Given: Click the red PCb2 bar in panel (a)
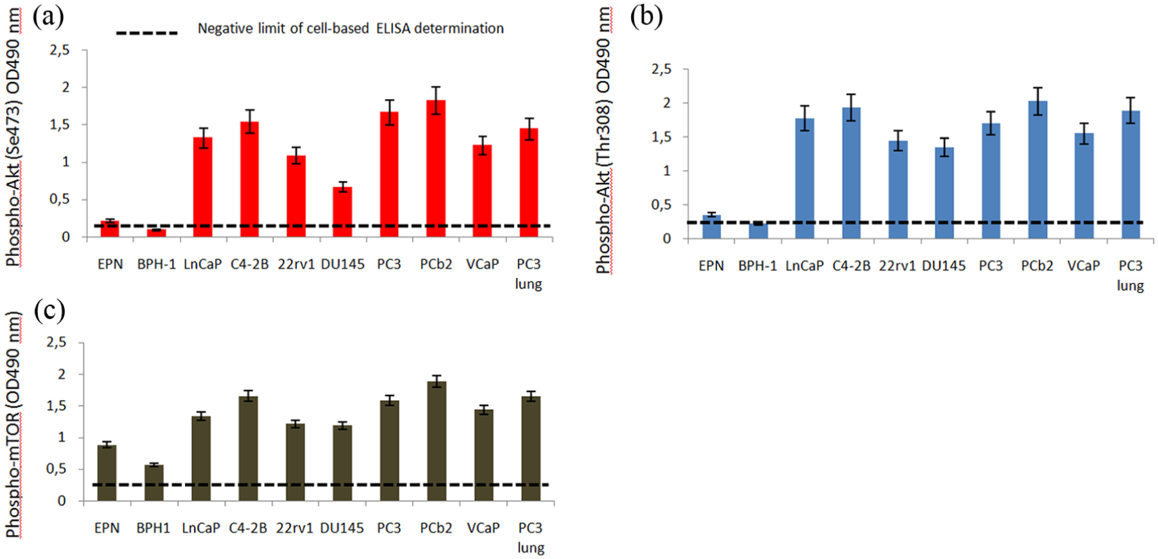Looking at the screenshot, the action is pyautogui.click(x=436, y=168).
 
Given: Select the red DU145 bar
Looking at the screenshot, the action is pyautogui.click(x=342, y=212).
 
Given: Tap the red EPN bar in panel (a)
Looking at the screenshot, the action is pyautogui.click(x=110, y=229).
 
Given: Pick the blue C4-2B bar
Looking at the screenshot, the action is pyautogui.click(x=852, y=173).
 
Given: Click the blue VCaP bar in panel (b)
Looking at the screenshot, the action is pyautogui.click(x=1084, y=186).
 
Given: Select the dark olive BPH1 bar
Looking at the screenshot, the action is pyautogui.click(x=154, y=483).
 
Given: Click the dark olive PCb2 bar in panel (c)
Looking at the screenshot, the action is pyautogui.click(x=437, y=441).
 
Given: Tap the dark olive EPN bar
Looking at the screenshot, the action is pyautogui.click(x=107, y=473).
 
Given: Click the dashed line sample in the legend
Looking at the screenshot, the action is pyautogui.click(x=147, y=33).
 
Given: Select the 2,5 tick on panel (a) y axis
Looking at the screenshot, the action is pyautogui.click(x=60, y=50).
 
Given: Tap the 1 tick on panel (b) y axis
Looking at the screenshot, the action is pyautogui.click(x=666, y=171).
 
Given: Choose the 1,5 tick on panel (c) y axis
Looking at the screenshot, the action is pyautogui.click(x=57, y=406).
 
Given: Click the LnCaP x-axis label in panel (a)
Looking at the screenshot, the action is pyautogui.click(x=203, y=265).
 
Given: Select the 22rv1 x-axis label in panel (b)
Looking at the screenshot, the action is pyautogui.click(x=898, y=266).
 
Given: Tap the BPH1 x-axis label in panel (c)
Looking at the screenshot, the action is pyautogui.click(x=153, y=528).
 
